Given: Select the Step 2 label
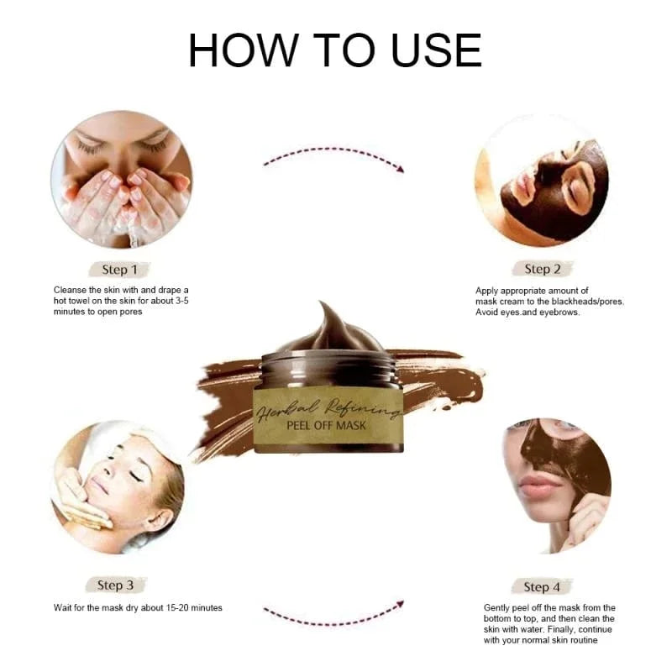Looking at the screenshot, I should (x=542, y=269).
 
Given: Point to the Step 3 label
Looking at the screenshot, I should (x=115, y=585).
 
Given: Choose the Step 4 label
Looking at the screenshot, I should (x=542, y=586).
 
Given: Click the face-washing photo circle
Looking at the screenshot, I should (x=121, y=178).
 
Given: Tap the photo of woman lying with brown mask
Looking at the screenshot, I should (x=541, y=180).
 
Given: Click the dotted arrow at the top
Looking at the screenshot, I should (x=334, y=158).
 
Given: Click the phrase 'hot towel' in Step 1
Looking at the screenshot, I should (x=75, y=301).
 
